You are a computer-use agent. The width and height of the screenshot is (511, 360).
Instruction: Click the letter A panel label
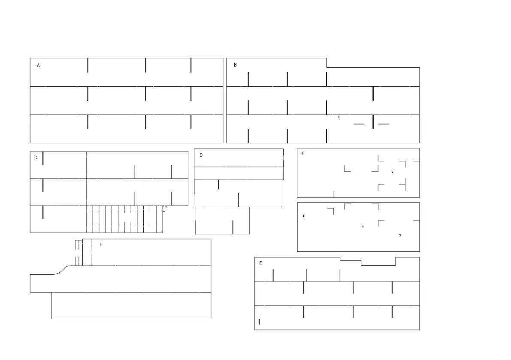pyautogui.click(x=39, y=66)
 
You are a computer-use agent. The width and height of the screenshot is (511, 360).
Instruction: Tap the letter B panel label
pyautogui.click(x=235, y=65)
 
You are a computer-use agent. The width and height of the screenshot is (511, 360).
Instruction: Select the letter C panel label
pyautogui.click(x=36, y=157)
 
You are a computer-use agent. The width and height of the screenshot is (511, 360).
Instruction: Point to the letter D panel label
pyautogui.click(x=201, y=155)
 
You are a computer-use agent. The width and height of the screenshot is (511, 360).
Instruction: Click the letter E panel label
pyautogui.click(x=260, y=263)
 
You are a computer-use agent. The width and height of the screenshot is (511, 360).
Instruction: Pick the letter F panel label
pyautogui.click(x=101, y=245)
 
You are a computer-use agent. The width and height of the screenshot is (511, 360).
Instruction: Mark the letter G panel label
pyautogui.click(x=302, y=153)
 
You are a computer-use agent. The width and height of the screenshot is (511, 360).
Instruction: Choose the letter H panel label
pyautogui.click(x=304, y=216)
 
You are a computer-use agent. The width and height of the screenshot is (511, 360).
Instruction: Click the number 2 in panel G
pyautogui.click(x=393, y=172)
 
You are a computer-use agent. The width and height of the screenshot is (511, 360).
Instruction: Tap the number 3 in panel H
pyautogui.click(x=400, y=236)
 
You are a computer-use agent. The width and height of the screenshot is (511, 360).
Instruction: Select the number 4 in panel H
pyautogui.click(x=363, y=227)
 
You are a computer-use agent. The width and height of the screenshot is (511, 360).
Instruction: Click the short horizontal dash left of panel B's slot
pyautogui.click(x=359, y=124)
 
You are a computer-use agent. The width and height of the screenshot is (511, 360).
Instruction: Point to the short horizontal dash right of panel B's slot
pyautogui.click(x=384, y=124)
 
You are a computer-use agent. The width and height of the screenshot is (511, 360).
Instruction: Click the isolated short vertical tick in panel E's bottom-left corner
pyautogui.click(x=259, y=321)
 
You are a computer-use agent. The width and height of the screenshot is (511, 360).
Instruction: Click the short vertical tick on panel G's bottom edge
pyautogui.click(x=333, y=194)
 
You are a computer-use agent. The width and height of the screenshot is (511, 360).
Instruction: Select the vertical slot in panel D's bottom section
pyautogui.click(x=233, y=227)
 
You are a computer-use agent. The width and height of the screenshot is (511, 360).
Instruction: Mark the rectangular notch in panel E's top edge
pyautogui.click(x=378, y=263)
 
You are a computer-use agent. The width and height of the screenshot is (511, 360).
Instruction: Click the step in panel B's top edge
pyautogui.click(x=327, y=63)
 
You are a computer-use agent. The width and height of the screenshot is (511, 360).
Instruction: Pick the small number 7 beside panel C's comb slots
pyautogui.click(x=166, y=207)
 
